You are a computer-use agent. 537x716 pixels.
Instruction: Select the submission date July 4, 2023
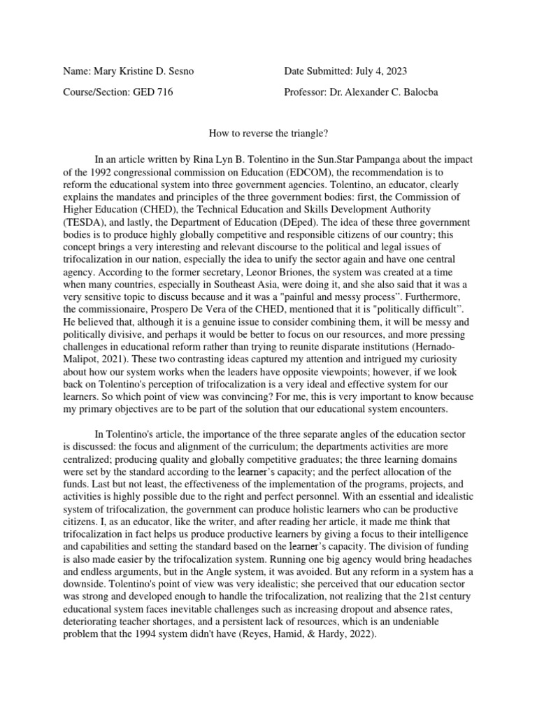375,71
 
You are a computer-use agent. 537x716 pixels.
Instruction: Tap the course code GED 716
152,92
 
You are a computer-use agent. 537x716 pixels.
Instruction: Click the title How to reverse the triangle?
269,131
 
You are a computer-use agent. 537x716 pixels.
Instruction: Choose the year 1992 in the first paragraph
103,171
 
